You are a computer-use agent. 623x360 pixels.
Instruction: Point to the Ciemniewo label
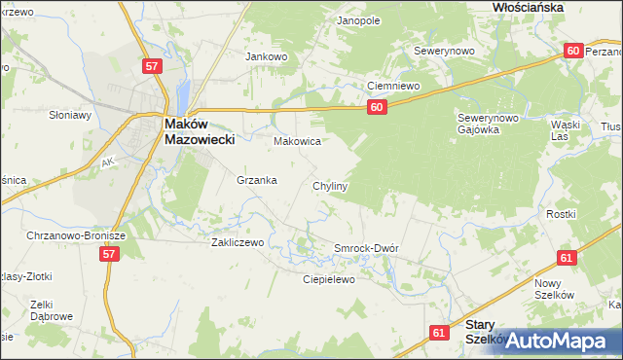(x=392, y=86)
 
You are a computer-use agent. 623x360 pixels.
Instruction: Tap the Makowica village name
(x=297, y=142)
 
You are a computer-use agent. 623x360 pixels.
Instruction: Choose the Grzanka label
(x=257, y=180)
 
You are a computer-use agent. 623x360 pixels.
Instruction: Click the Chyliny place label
(x=330, y=185)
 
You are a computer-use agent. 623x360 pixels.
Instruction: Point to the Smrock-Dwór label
(x=367, y=248)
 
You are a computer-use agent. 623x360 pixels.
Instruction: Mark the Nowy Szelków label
(x=555, y=288)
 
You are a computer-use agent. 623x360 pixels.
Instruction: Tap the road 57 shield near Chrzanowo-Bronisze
(x=109, y=254)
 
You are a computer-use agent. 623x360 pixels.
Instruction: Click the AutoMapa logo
(x=555, y=341)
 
